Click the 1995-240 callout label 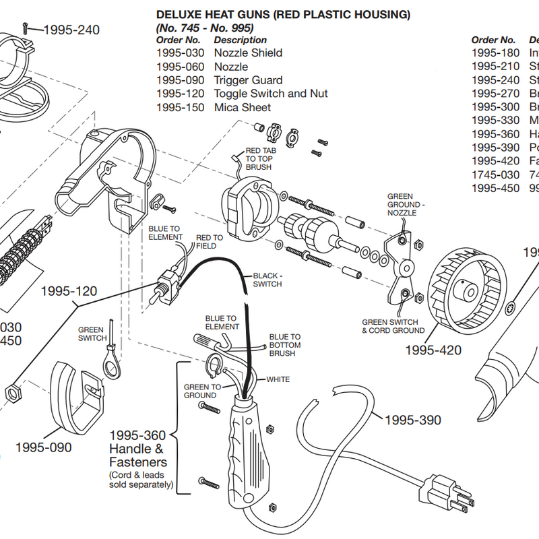point(71,30)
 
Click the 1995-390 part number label point(412,420)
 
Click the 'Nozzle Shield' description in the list point(248,53)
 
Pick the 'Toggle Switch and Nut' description point(271,94)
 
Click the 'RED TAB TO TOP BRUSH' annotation point(261,158)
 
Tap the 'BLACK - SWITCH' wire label point(267,280)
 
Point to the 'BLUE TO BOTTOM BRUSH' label point(285,344)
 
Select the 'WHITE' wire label point(278,379)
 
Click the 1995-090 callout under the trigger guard point(43,447)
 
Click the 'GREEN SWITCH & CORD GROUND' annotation point(393,326)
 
